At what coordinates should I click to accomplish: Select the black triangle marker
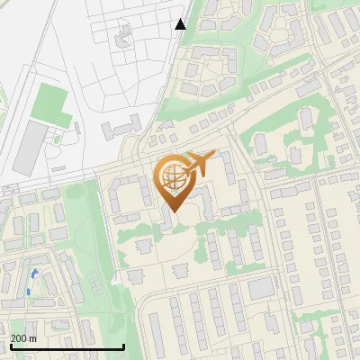pyautogui.click(x=181, y=24)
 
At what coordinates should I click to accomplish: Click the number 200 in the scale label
pyautogui.click(x=19, y=338)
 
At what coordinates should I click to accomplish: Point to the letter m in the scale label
pyautogui.click(x=33, y=338)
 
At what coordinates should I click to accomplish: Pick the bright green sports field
pyautogui.click(x=50, y=108)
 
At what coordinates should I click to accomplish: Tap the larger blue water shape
pyautogui.click(x=33, y=274)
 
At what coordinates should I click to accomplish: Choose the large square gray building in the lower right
pyautogui.click(x=261, y=288)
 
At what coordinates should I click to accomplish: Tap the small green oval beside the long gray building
pyautogui.click(x=57, y=139)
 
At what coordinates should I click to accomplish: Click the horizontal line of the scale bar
pyautogui.click(x=67, y=347)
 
